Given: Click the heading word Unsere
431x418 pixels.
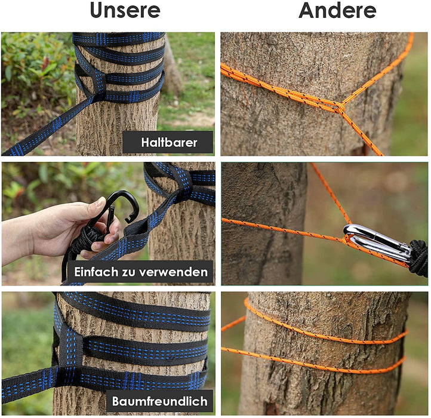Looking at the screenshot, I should pos(125,11).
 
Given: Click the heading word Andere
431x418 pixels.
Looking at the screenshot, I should pos(337,11).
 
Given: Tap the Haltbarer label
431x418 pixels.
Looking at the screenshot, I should pos(168,143).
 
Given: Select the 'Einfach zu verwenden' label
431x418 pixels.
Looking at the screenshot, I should pos(141,272).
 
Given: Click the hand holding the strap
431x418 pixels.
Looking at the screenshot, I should pos(54,230).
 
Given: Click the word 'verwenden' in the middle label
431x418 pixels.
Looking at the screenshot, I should pos(177,272).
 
